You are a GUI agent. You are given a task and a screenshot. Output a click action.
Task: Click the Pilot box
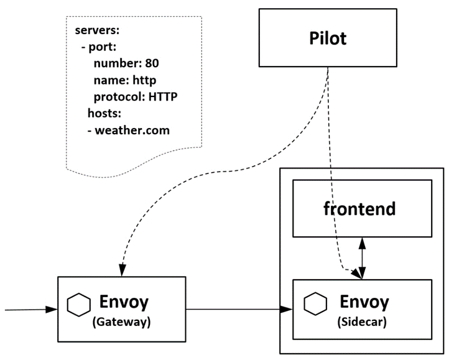[328, 37]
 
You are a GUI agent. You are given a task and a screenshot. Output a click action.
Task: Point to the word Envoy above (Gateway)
[124, 303]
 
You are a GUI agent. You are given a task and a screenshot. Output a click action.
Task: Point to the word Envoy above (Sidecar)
[364, 302]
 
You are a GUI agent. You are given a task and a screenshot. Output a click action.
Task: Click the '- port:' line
[99, 47]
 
